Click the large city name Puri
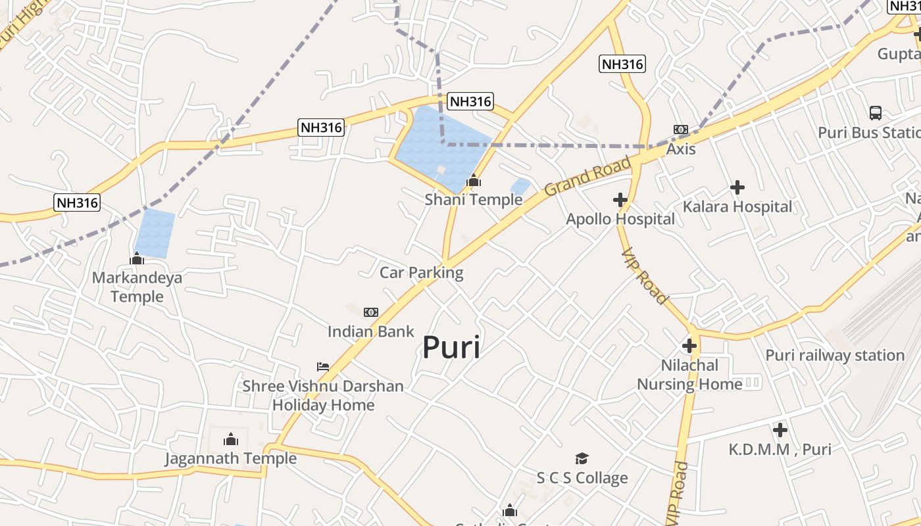click(x=451, y=347)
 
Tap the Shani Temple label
click(x=473, y=199)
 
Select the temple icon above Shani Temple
click(x=473, y=179)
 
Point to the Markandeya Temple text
click(x=137, y=287)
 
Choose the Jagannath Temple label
click(x=231, y=458)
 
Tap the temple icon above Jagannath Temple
click(x=231, y=439)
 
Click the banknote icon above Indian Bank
click(x=371, y=312)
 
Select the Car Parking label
click(x=422, y=272)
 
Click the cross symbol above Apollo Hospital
click(x=620, y=199)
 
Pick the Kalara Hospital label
click(x=737, y=206)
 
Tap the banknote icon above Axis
click(x=681, y=130)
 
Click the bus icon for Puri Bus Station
click(x=876, y=112)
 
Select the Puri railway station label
click(x=835, y=355)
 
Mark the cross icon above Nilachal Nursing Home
click(x=689, y=345)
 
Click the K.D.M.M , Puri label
click(x=780, y=450)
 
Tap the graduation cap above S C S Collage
click(x=582, y=458)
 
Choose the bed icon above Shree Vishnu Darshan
click(x=322, y=366)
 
